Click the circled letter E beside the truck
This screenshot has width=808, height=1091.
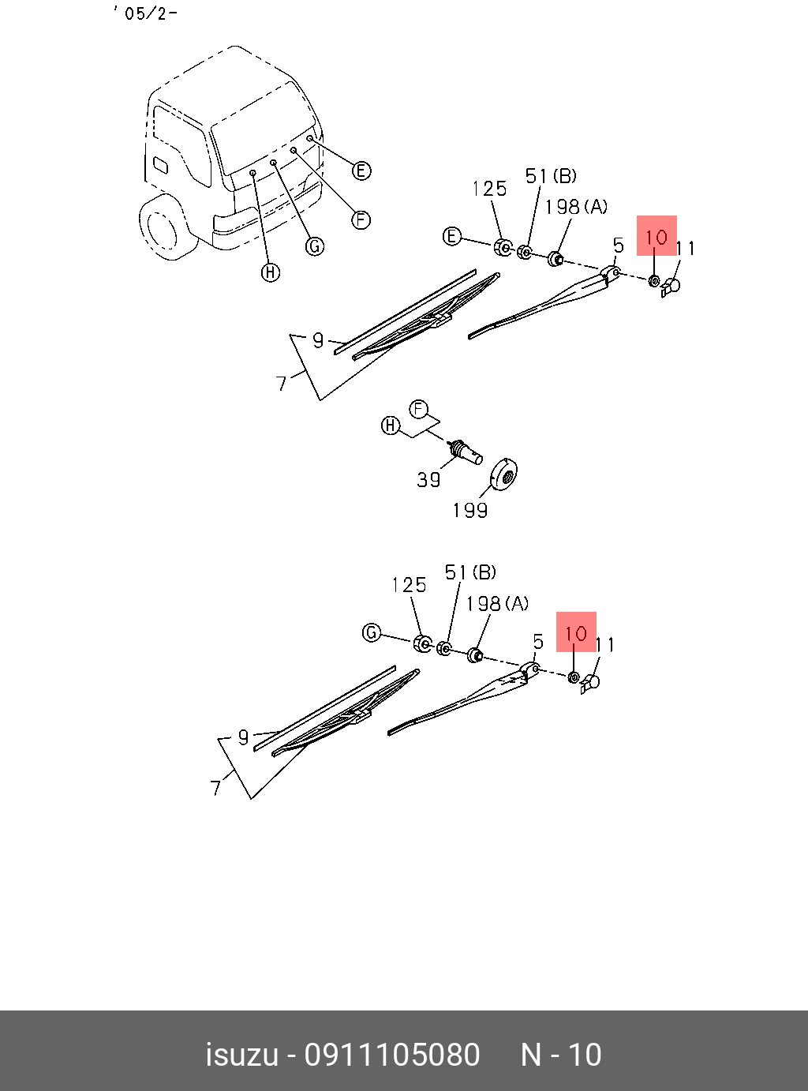click(x=361, y=171)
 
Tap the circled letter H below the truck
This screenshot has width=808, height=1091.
click(x=271, y=273)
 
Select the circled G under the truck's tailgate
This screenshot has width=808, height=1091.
click(x=315, y=246)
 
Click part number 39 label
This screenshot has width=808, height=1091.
click(x=428, y=479)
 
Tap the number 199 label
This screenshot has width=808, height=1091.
click(x=469, y=511)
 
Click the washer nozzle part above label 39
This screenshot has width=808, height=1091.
click(x=464, y=452)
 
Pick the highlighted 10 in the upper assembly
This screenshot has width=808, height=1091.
click(x=656, y=236)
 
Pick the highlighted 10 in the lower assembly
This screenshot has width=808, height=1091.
click(x=576, y=632)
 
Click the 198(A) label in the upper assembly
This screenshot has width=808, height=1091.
click(x=576, y=207)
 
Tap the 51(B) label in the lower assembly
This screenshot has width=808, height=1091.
click(x=470, y=572)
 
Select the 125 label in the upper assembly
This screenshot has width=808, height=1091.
click(x=489, y=189)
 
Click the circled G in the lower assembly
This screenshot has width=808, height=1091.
click(x=372, y=632)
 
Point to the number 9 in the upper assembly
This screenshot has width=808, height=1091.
click(x=318, y=340)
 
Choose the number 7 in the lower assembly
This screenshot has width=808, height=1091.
click(x=216, y=787)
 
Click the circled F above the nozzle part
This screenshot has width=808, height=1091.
click(x=418, y=409)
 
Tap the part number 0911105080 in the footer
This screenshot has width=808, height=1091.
click(x=392, y=1055)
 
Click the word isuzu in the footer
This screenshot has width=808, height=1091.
click(x=241, y=1055)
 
